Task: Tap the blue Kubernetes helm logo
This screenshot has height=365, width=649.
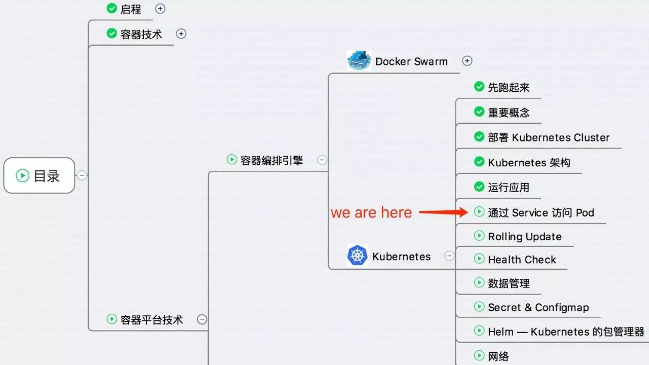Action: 357,255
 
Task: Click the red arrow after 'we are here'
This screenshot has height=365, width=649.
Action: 443,212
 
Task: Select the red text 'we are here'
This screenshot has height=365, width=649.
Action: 371,212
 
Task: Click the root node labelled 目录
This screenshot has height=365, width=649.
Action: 39,175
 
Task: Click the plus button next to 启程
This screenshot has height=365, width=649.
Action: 160,9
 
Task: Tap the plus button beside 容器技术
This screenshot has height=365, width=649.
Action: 181,34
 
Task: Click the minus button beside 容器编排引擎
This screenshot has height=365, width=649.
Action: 322,160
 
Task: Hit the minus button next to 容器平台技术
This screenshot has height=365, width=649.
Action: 202,319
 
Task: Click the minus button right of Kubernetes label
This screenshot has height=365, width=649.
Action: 449,256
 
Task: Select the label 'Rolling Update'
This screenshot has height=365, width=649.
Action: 525,237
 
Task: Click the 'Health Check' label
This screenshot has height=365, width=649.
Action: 522,260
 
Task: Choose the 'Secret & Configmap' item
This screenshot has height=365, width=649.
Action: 538,307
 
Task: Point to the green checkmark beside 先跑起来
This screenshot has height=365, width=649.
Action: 479,86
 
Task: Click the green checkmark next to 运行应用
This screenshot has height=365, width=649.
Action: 479,187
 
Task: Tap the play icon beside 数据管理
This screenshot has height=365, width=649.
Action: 479,282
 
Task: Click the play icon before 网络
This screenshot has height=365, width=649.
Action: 479,355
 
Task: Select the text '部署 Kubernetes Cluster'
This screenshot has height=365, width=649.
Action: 549,137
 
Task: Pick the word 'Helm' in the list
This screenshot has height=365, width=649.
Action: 500,332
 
